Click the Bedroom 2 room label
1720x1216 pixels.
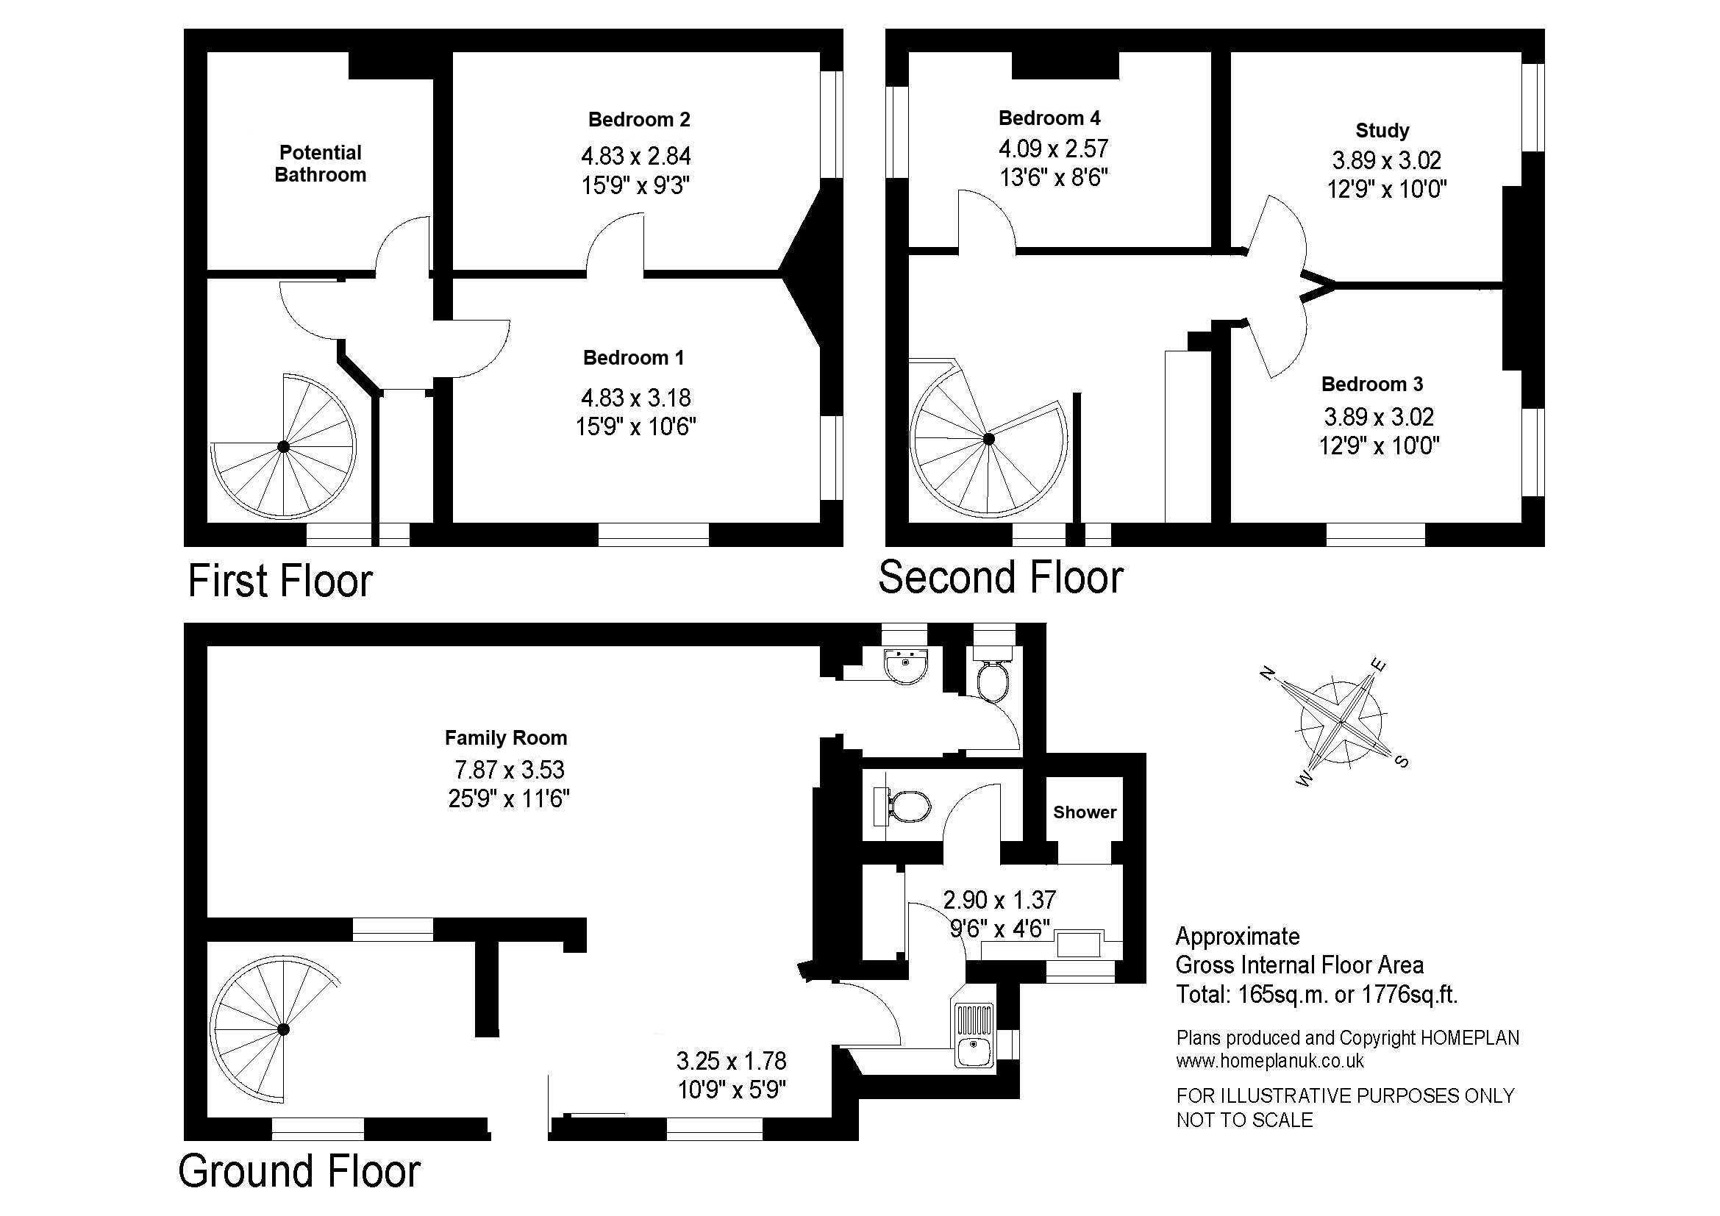click(x=639, y=119)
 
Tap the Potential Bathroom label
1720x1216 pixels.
click(x=321, y=163)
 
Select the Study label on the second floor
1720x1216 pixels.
click(x=1382, y=130)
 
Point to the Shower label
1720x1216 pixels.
click(x=1085, y=812)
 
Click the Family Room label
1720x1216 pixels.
click(x=506, y=737)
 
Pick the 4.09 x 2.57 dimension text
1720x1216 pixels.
click(x=1053, y=149)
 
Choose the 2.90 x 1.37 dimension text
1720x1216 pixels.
click(x=999, y=899)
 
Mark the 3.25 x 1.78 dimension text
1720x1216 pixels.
click(x=731, y=1061)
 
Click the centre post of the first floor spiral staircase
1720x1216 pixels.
click(x=284, y=447)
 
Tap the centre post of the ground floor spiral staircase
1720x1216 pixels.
click(x=284, y=1029)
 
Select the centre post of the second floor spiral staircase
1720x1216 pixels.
click(x=989, y=440)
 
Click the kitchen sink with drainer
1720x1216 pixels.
click(x=974, y=1035)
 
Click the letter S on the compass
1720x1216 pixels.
click(x=1402, y=762)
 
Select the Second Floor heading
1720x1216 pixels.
click(x=1001, y=577)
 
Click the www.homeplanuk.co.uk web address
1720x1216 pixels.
click(x=1270, y=1061)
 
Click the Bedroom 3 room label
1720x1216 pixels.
click(x=1371, y=384)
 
